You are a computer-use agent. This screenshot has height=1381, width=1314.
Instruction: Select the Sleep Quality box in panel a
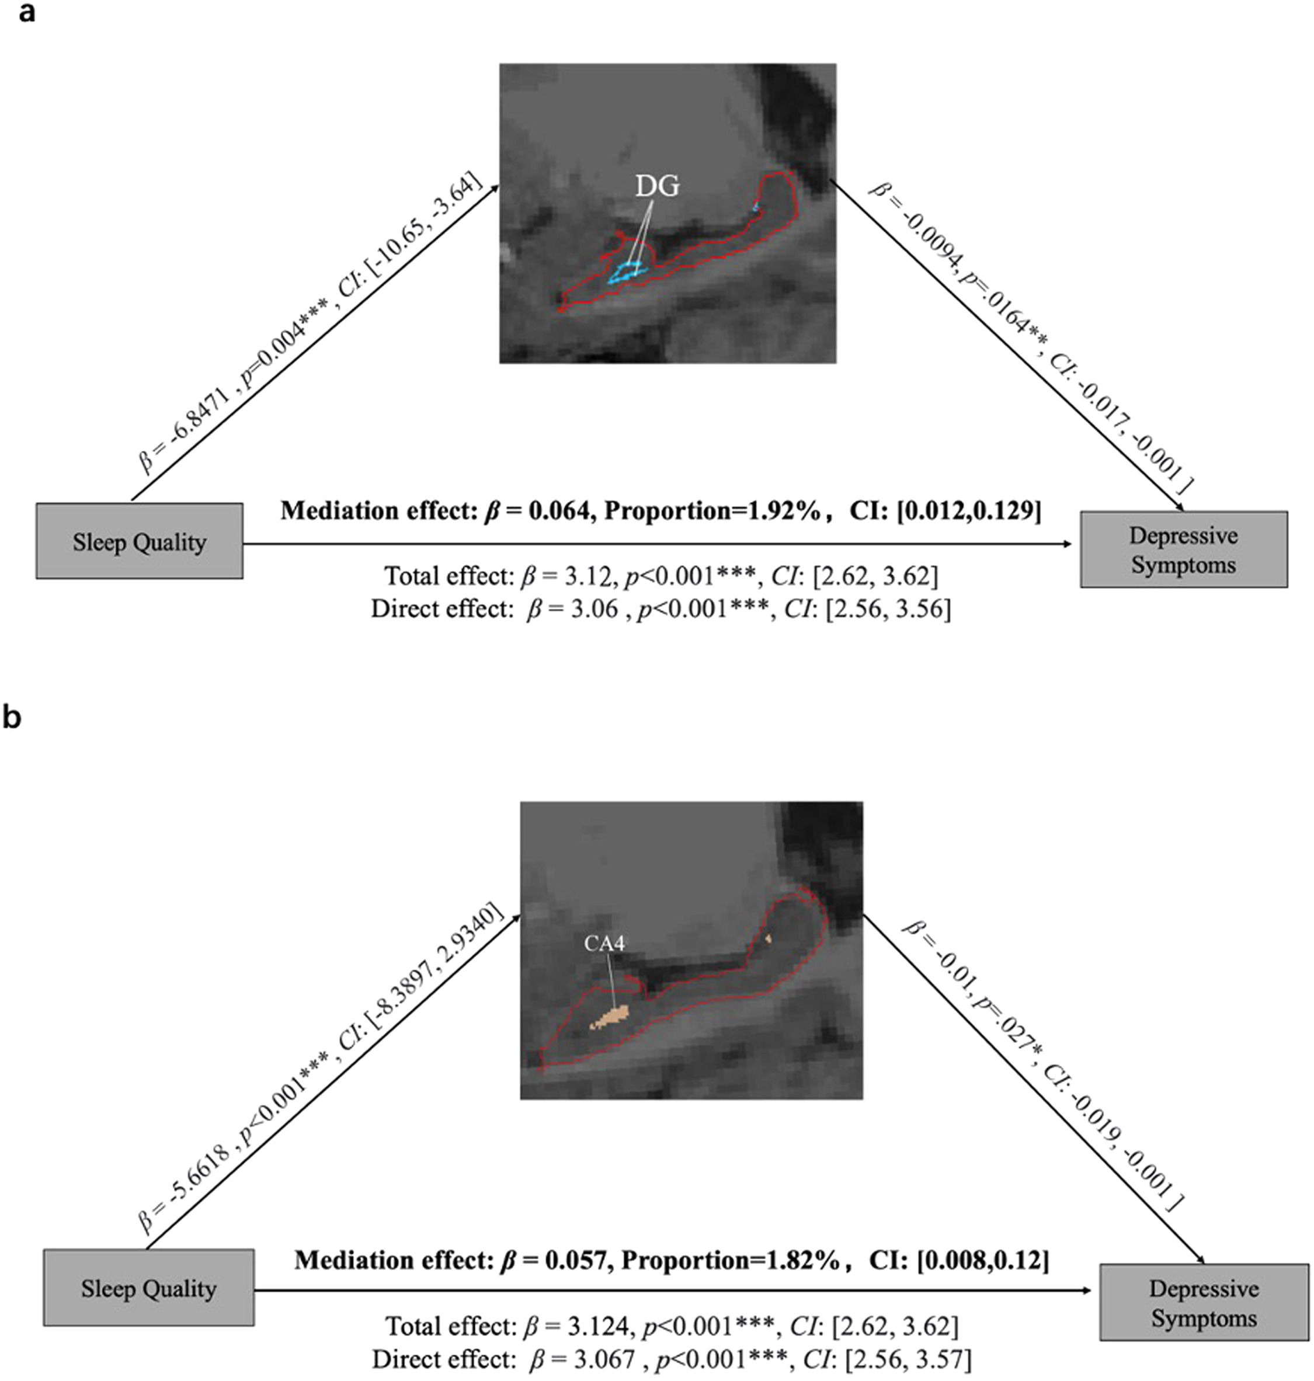(140, 541)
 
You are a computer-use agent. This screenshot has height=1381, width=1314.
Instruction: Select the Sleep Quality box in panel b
(148, 1289)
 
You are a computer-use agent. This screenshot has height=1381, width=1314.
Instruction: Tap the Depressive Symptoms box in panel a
(1183, 549)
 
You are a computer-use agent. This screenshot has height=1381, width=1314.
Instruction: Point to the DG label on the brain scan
(657, 186)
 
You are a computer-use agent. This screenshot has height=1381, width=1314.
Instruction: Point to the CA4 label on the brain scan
(604, 943)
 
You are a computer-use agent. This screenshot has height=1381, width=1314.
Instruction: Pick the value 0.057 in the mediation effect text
(576, 1261)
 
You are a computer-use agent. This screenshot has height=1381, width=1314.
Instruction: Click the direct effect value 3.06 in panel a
(593, 608)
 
